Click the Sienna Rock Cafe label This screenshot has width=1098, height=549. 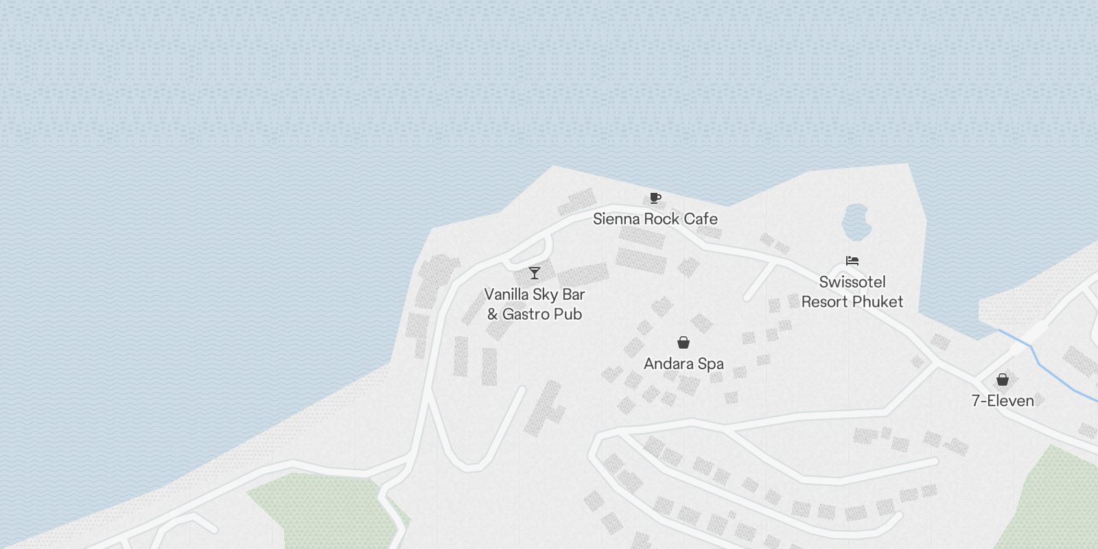click(x=655, y=219)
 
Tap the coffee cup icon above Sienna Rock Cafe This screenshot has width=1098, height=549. click(x=655, y=198)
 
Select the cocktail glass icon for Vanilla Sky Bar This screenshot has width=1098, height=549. click(x=535, y=273)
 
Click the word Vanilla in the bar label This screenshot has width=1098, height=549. click(x=509, y=294)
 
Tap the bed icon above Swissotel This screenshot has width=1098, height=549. click(x=852, y=261)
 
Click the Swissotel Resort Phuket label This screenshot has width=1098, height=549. click(x=852, y=292)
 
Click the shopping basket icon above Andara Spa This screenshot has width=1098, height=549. click(x=684, y=342)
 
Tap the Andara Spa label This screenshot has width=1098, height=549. click(x=684, y=364)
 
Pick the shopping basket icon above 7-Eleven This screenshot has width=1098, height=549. click(x=1003, y=379)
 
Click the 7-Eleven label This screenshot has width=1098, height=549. click(x=1003, y=401)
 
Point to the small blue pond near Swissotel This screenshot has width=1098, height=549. click(x=856, y=220)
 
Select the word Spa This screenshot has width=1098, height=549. click(x=710, y=364)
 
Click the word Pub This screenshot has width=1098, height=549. click(x=569, y=314)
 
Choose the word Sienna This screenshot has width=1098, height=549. click(x=615, y=219)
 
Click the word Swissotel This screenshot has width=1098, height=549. click(x=852, y=282)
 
